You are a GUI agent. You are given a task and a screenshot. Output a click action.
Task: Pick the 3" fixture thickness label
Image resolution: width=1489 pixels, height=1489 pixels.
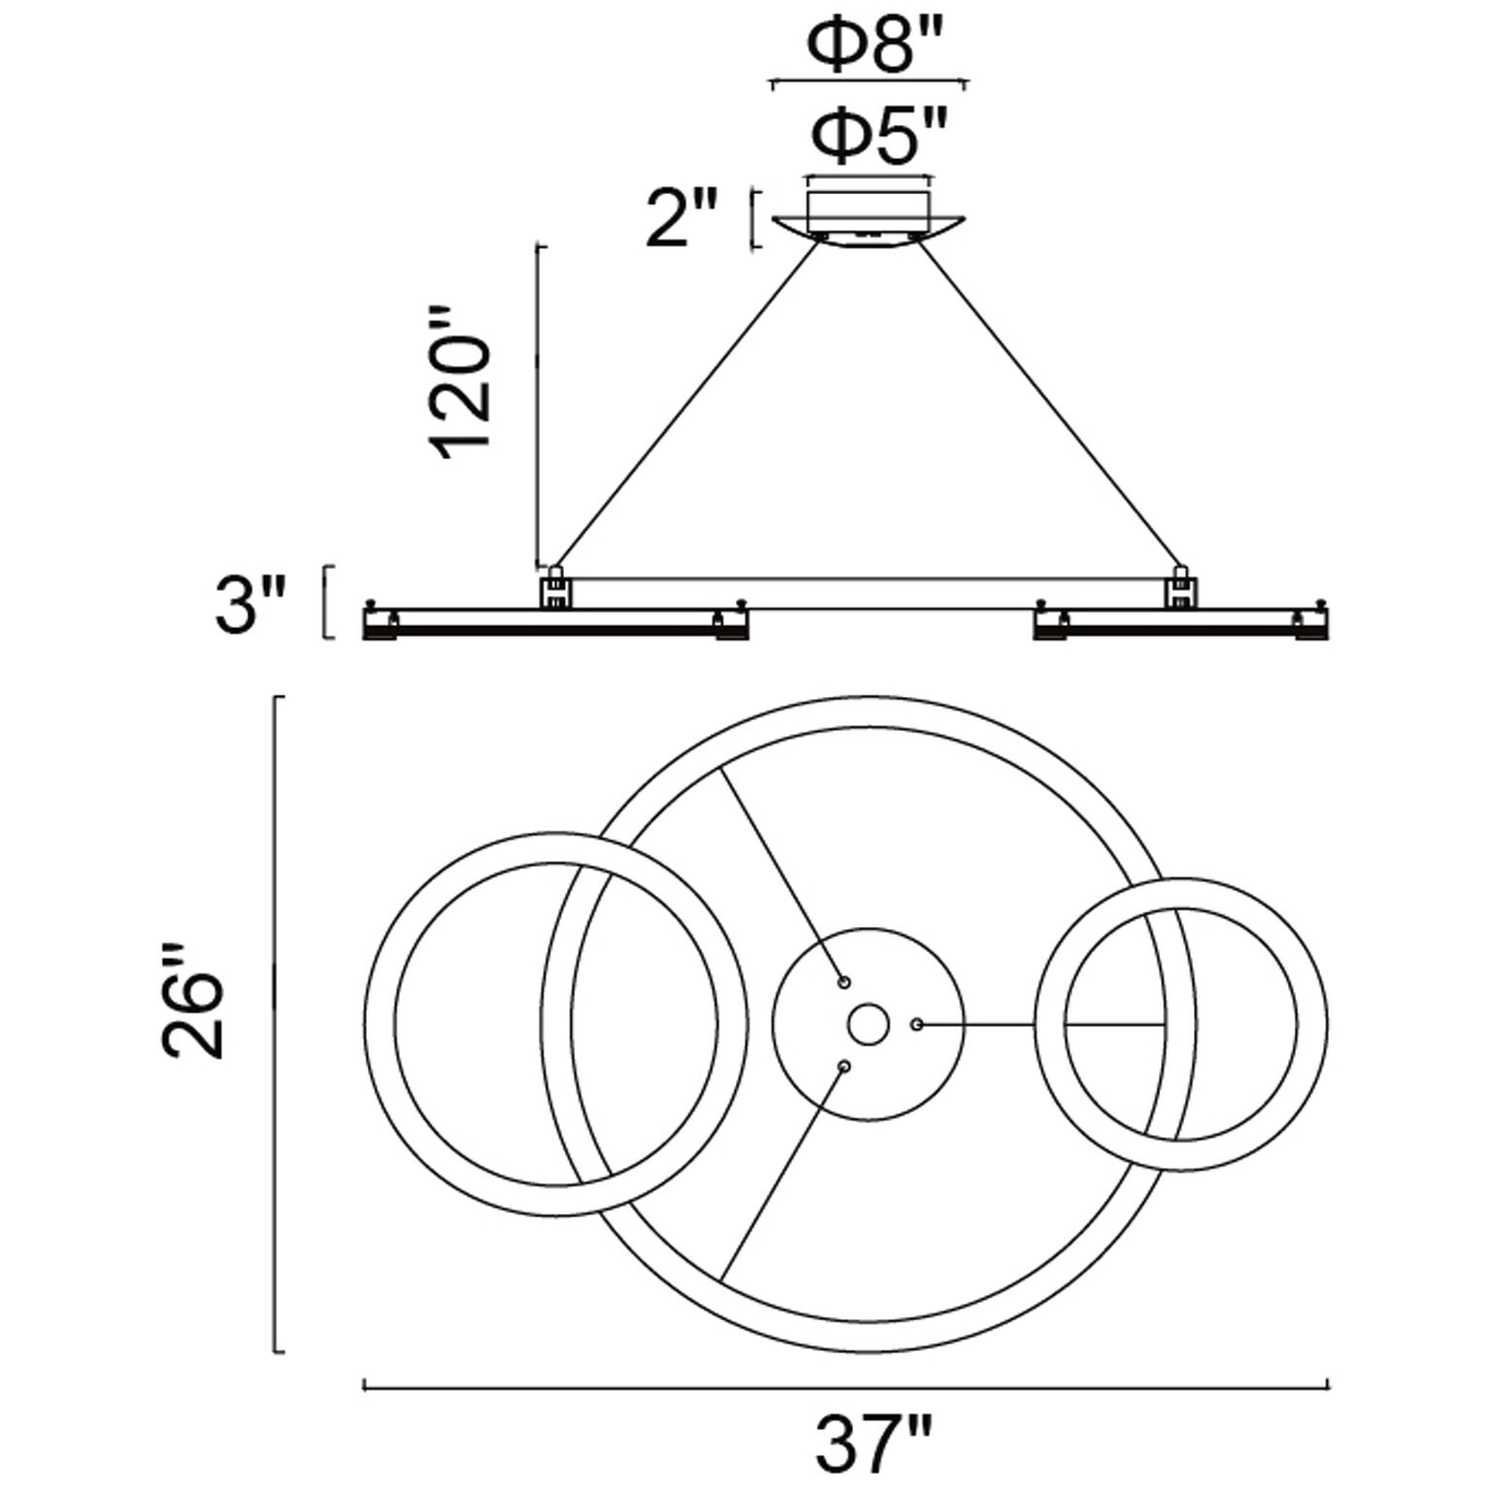coord(250,602)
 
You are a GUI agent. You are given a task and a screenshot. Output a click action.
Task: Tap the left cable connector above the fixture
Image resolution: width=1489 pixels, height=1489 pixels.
coord(556,586)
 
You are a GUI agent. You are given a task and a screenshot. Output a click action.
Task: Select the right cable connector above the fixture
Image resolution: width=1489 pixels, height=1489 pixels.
coord(1181,586)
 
